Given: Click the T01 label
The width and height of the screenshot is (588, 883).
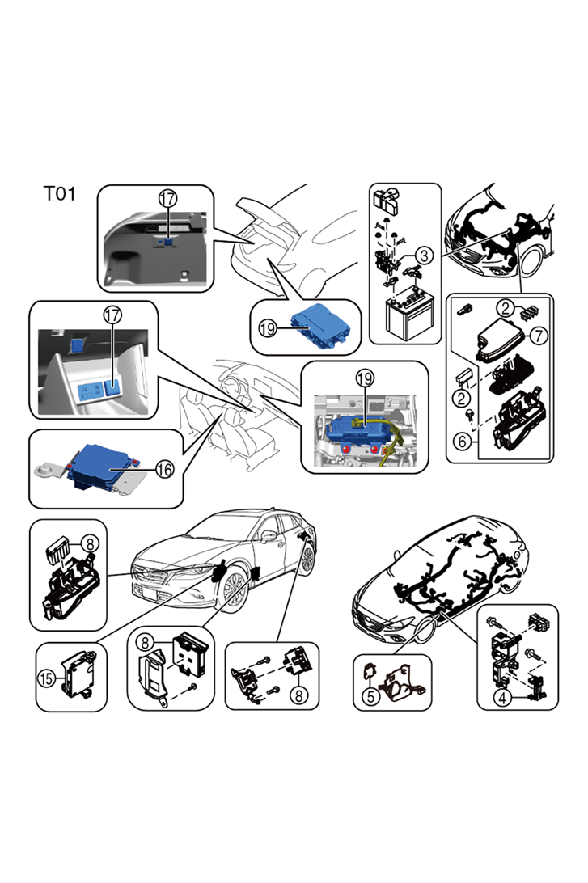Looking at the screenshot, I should tap(60, 194).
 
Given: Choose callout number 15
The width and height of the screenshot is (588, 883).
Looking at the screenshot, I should tap(46, 678).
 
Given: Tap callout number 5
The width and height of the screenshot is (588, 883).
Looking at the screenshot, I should tap(370, 695).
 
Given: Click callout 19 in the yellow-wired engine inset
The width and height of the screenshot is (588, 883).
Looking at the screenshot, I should tap(365, 378).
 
